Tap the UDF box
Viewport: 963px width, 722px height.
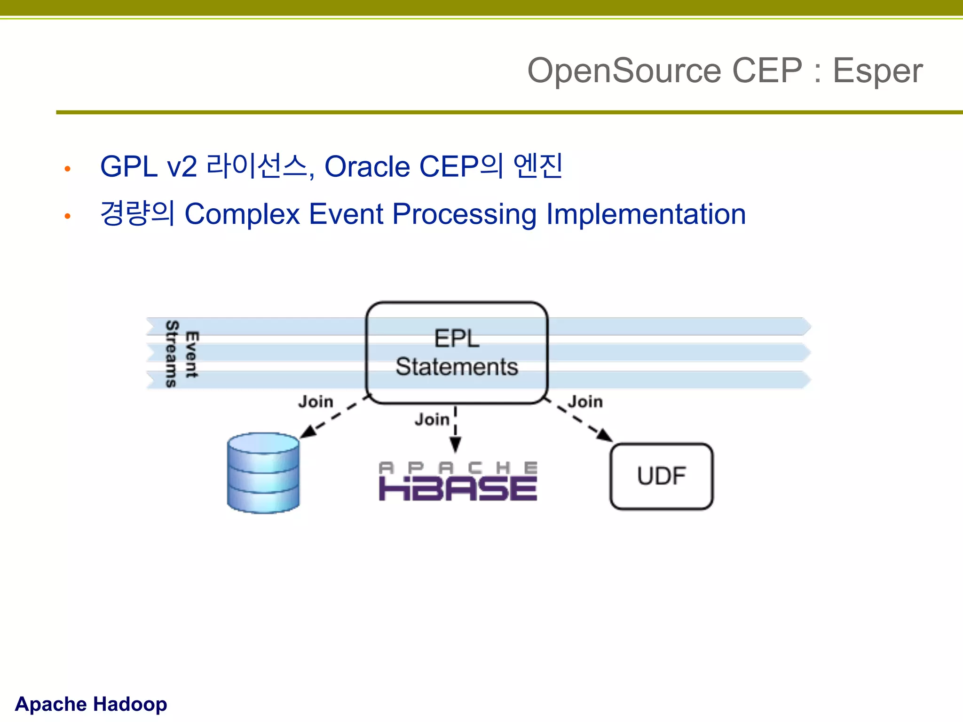[661, 476]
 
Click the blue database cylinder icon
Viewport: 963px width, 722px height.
[263, 473]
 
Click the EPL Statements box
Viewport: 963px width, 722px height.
[457, 353]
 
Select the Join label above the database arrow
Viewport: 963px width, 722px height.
[316, 402]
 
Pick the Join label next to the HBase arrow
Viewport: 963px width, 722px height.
[432, 419]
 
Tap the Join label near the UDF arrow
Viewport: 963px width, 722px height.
[585, 402]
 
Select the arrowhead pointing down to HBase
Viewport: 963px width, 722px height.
[455, 445]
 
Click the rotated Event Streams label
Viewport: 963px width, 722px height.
[182, 354]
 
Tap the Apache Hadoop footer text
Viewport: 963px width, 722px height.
[91, 704]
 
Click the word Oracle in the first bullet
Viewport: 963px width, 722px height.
[367, 167]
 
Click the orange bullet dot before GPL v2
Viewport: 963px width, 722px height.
[68, 169]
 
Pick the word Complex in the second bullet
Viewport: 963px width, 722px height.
[242, 214]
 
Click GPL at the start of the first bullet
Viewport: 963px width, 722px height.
[128, 167]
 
